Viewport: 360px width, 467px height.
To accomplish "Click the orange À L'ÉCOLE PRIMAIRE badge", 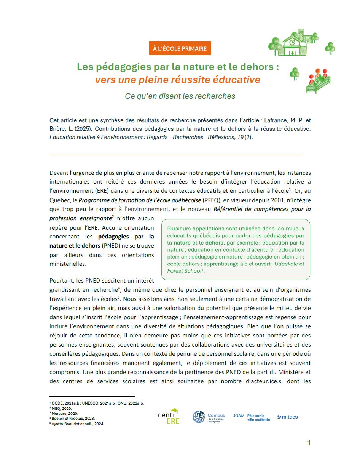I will pos(180,49).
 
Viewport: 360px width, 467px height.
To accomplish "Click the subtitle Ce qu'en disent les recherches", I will pos(180,96).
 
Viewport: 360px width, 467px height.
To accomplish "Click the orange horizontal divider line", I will pos(176,155).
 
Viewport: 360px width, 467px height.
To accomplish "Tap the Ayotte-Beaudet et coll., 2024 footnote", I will pos(78,423).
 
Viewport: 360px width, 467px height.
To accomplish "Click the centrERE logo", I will pos(169,416).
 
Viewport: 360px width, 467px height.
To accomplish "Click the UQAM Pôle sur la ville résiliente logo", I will pos(251,417).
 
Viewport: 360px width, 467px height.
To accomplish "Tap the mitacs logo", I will pos(288,417).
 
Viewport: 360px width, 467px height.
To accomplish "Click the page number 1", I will pos(309,443).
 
